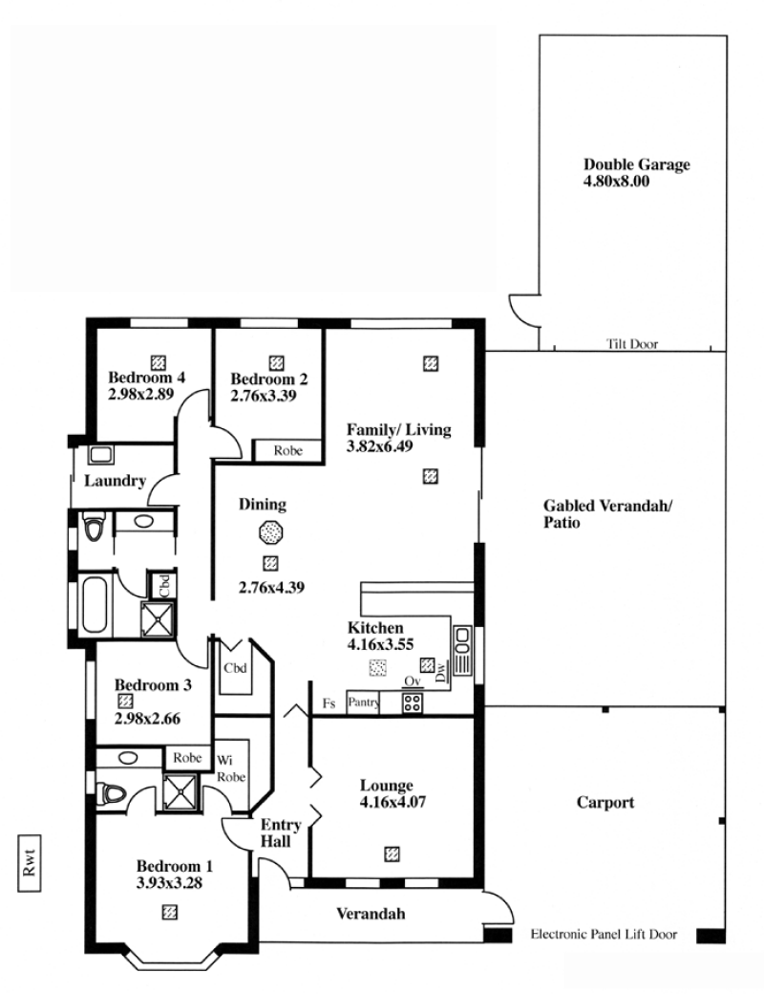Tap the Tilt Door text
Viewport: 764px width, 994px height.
point(632,344)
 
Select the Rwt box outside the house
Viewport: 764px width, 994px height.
point(30,863)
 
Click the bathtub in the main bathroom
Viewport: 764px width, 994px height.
point(95,604)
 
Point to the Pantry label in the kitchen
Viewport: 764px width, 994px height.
point(363,702)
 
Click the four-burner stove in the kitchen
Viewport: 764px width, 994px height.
point(413,703)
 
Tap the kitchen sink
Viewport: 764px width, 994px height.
point(462,651)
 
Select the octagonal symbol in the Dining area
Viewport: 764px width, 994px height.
point(270,532)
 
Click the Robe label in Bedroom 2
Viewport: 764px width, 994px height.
point(288,451)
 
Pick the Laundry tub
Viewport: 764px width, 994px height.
point(101,455)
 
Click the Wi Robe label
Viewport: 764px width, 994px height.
point(230,768)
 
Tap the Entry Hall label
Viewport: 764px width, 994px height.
point(280,833)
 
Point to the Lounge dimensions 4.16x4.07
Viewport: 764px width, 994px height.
point(393,802)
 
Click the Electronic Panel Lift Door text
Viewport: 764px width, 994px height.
point(604,934)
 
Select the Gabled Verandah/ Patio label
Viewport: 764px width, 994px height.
point(607,514)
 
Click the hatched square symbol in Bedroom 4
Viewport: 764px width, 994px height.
point(159,362)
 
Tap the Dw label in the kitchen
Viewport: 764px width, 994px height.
point(441,671)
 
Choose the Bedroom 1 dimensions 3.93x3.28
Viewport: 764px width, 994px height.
point(169,883)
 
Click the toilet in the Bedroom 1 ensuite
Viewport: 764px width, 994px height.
point(112,793)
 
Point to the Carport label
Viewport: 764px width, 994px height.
point(605,803)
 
